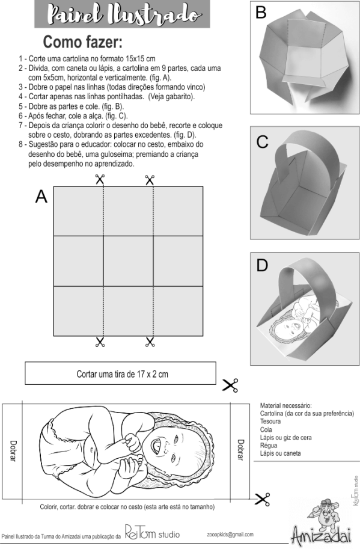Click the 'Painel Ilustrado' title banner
[x=122, y=14]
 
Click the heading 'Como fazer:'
[x=82, y=42]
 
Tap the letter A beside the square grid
[x=41, y=197]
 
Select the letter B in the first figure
[x=261, y=13]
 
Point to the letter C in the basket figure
[x=262, y=142]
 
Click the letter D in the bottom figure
[x=262, y=266]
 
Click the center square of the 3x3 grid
[x=129, y=261]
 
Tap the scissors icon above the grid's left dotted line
[x=100, y=179]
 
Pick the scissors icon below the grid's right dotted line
[x=150, y=342]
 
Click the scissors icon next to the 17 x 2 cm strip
[x=230, y=385]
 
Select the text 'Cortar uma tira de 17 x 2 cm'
[x=122, y=374]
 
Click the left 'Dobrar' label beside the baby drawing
[x=13, y=450]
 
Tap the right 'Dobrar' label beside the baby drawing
[x=240, y=450]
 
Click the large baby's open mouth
[x=155, y=446]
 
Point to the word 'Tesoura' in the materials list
[x=270, y=421]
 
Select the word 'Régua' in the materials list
[x=269, y=446]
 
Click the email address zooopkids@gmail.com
[x=230, y=535]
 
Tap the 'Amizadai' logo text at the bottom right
[x=321, y=535]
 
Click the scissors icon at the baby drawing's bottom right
[x=263, y=499]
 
